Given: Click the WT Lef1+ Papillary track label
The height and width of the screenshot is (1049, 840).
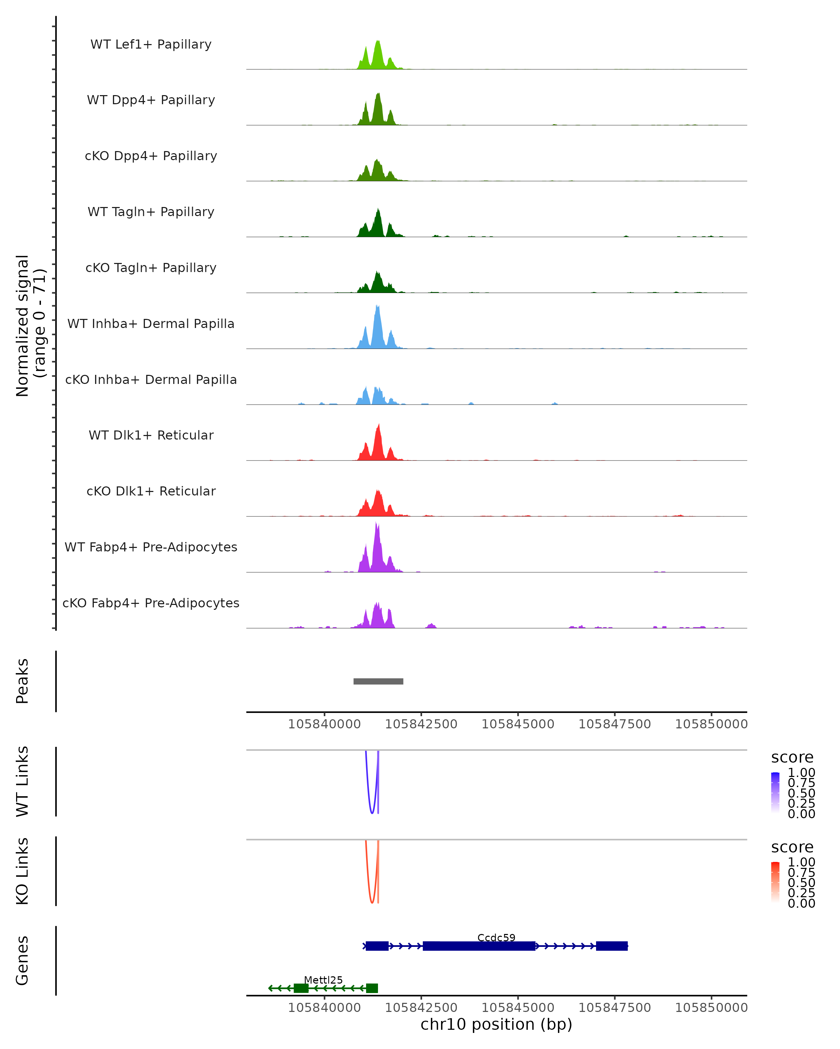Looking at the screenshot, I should click(x=151, y=44).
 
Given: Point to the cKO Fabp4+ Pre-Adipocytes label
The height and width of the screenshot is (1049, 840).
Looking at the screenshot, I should click(x=151, y=603).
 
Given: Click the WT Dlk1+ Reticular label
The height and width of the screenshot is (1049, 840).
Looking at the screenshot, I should click(x=151, y=435).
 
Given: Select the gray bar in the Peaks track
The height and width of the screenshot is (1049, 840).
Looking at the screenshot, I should click(x=378, y=681).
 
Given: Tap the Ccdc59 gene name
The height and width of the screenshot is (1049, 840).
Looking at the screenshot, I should click(x=496, y=937).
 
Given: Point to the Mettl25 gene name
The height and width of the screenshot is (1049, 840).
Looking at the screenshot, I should click(x=323, y=980).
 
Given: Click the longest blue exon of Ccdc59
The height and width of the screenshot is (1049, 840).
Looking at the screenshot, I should click(x=479, y=946).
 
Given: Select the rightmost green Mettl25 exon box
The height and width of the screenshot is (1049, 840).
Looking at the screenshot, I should click(x=372, y=988).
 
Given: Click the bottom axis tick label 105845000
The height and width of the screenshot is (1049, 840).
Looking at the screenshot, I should click(x=518, y=1007).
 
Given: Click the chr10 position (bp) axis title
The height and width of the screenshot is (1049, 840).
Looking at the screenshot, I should click(x=496, y=1025).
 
